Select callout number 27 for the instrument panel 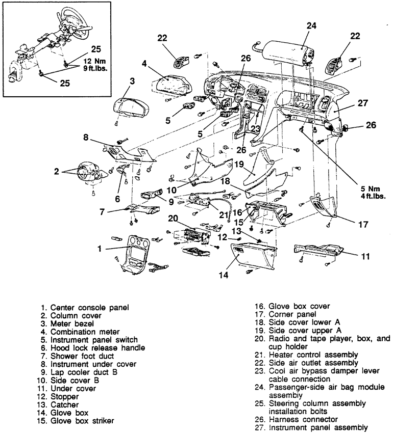click(362, 102)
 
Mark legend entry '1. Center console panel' click(85, 307)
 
